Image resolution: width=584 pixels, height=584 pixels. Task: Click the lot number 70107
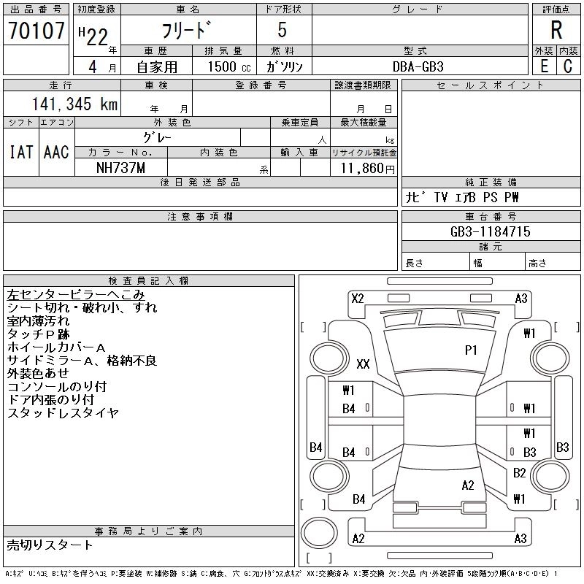pyautogui.click(x=36, y=30)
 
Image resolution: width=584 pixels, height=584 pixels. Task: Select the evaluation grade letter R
pyautogui.click(x=556, y=30)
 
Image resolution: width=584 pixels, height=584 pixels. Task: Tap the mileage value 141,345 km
pyautogui.click(x=74, y=104)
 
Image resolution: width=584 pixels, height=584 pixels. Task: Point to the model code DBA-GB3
pyautogui.click(x=418, y=66)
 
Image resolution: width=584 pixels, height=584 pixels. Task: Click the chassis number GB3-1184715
pyautogui.click(x=490, y=231)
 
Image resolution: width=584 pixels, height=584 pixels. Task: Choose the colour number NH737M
pyautogui.click(x=120, y=168)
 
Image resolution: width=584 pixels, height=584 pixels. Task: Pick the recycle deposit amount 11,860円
pyautogui.click(x=367, y=169)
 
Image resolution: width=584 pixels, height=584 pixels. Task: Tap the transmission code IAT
pyautogui.click(x=21, y=152)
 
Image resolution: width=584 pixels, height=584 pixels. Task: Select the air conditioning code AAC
pyautogui.click(x=56, y=152)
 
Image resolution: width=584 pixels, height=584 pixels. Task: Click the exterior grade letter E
pyautogui.click(x=544, y=66)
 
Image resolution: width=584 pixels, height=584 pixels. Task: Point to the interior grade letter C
pyautogui.click(x=568, y=66)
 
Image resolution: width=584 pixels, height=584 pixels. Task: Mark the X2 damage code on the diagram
pyautogui.click(x=358, y=299)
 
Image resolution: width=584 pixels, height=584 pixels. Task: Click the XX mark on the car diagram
pyautogui.click(x=363, y=364)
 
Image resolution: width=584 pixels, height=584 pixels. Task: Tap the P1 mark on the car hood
pyautogui.click(x=471, y=350)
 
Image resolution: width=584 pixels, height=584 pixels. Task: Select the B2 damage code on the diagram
pyautogui.click(x=520, y=473)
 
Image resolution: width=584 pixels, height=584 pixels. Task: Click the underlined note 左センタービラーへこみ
pyautogui.click(x=76, y=295)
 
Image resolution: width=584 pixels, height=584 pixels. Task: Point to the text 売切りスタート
pyautogui.click(x=50, y=545)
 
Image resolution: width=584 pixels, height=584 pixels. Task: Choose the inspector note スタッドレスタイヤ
pyautogui.click(x=63, y=412)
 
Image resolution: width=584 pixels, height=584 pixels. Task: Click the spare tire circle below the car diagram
pyautogui.click(x=319, y=533)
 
